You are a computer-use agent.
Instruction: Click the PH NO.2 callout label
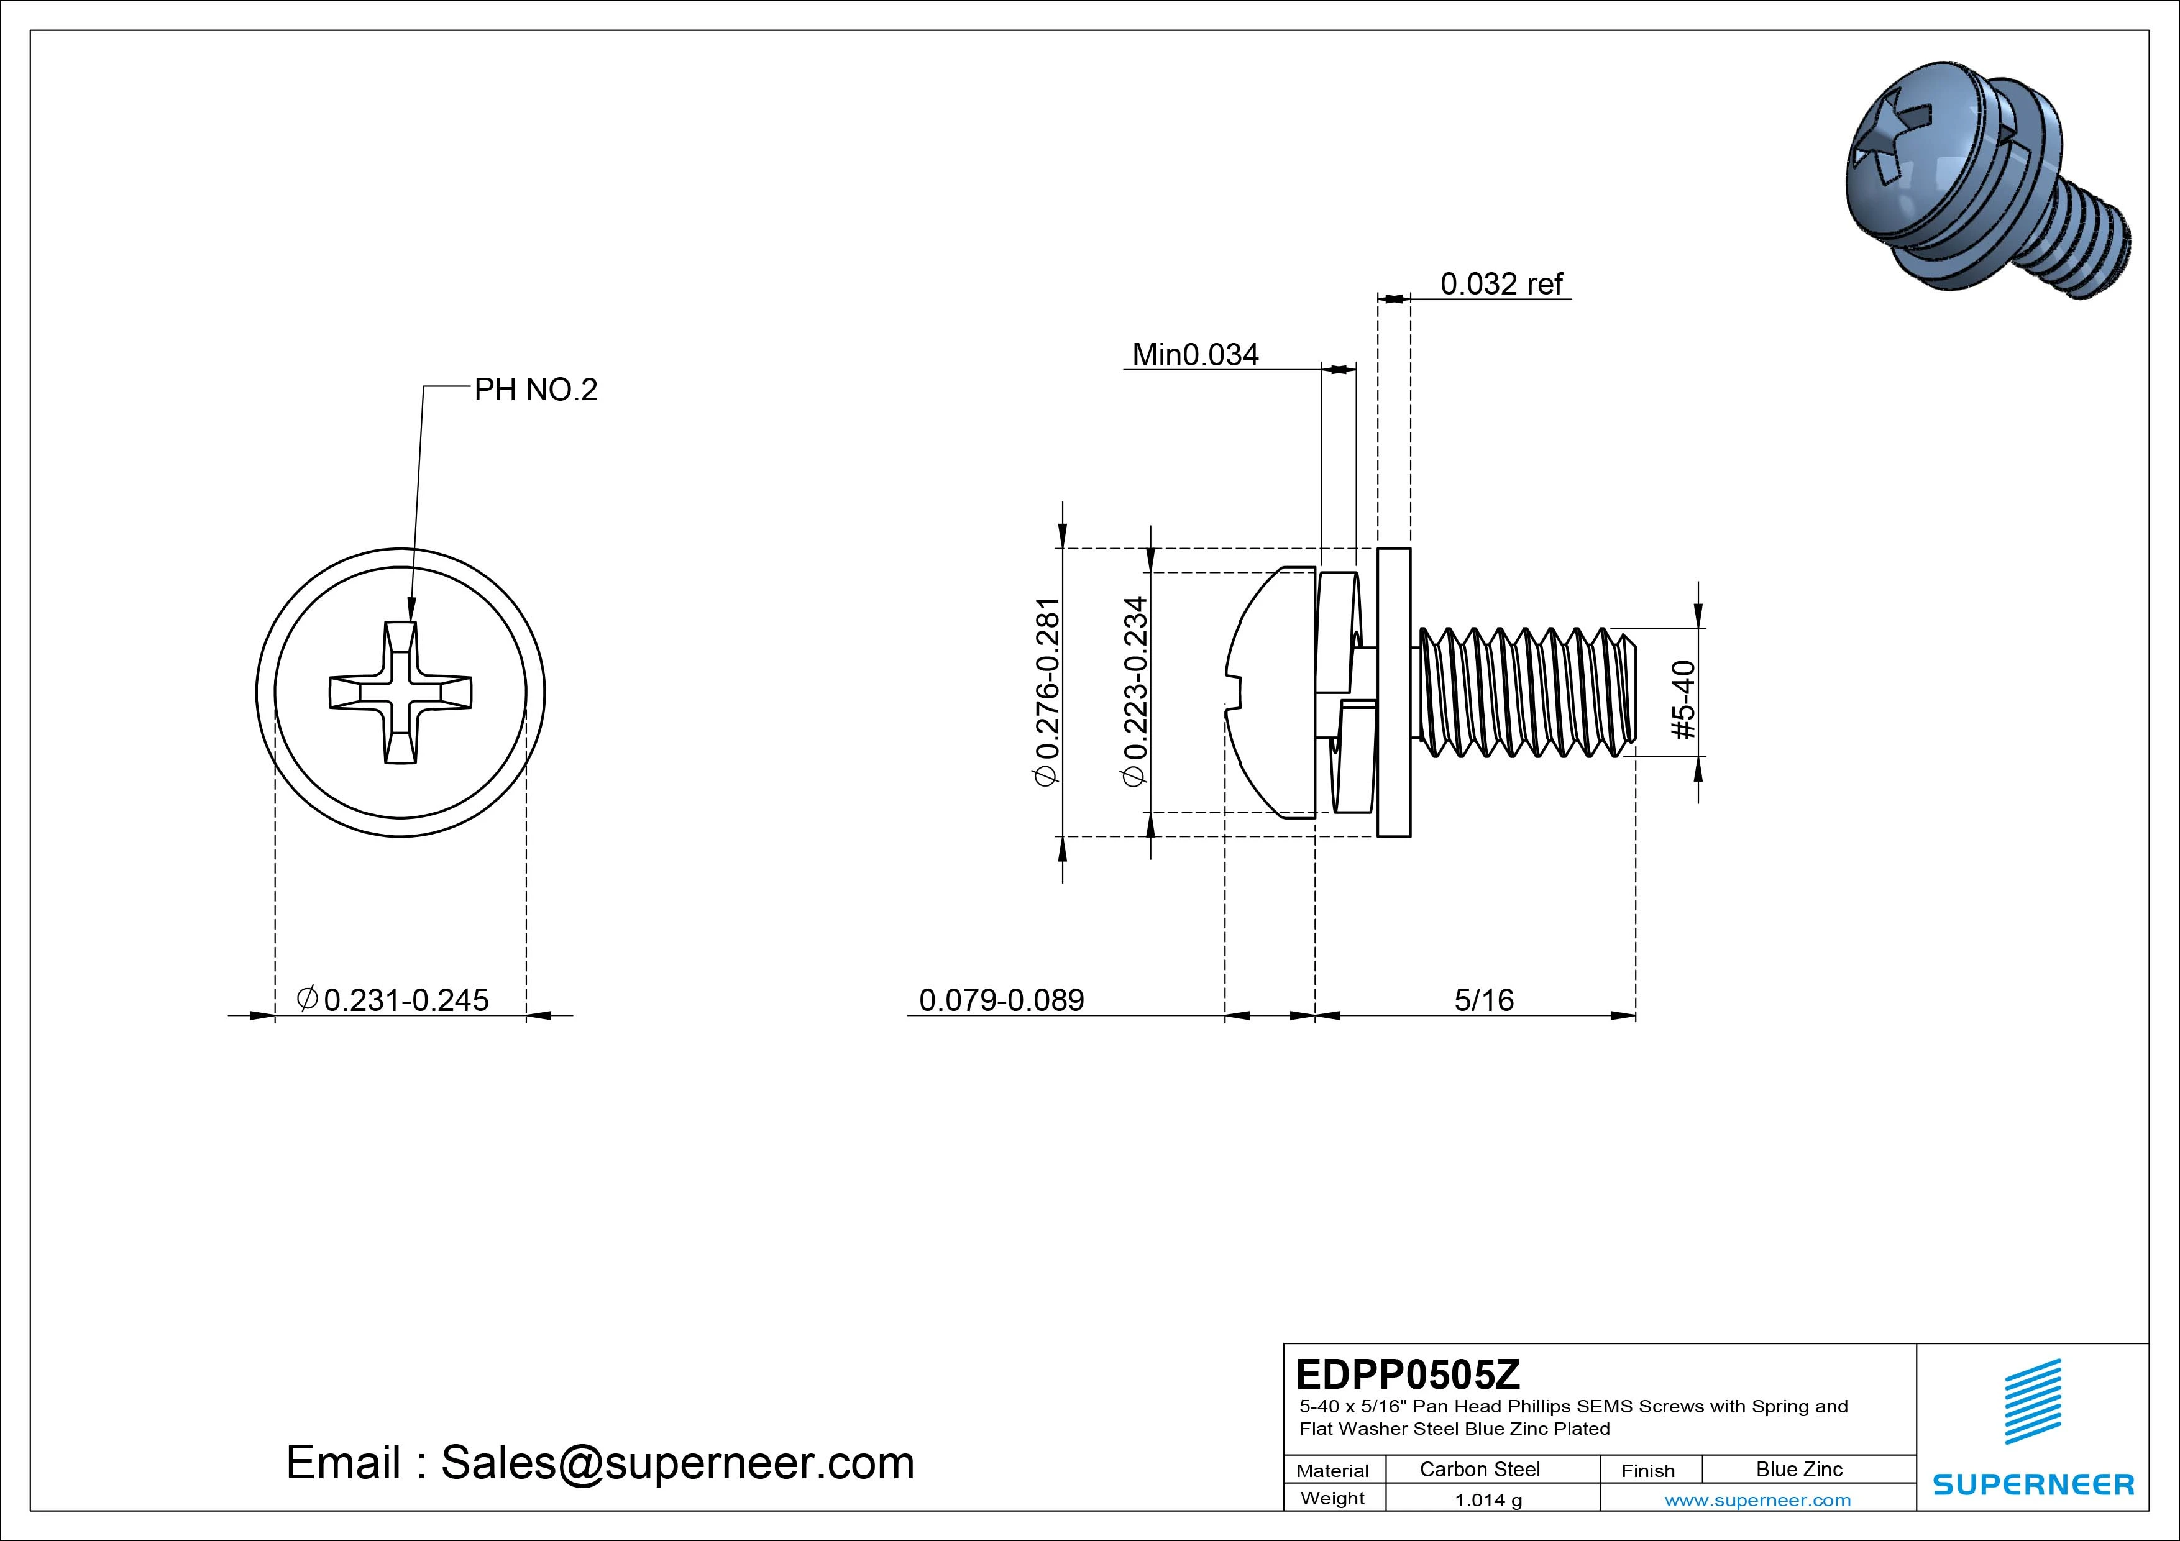[x=536, y=389]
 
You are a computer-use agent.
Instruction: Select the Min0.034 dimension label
[x=1196, y=355]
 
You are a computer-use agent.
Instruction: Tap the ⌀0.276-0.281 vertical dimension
[x=1046, y=691]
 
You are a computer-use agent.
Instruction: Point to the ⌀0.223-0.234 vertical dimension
[x=1135, y=691]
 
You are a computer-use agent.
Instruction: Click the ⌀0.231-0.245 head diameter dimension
[x=393, y=1000]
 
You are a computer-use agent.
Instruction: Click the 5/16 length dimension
[x=1483, y=1000]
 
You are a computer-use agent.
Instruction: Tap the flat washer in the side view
[x=1394, y=693]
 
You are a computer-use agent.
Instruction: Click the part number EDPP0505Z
[x=1407, y=1374]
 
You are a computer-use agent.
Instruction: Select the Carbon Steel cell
[x=1479, y=1469]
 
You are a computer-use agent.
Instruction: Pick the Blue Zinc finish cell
[x=1798, y=1469]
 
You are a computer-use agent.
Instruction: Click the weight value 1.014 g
[x=1488, y=1500]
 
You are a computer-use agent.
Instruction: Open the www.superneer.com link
[x=1757, y=1500]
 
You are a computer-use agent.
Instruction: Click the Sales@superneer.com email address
[x=677, y=1462]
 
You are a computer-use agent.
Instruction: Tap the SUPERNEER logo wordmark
[x=2033, y=1484]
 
